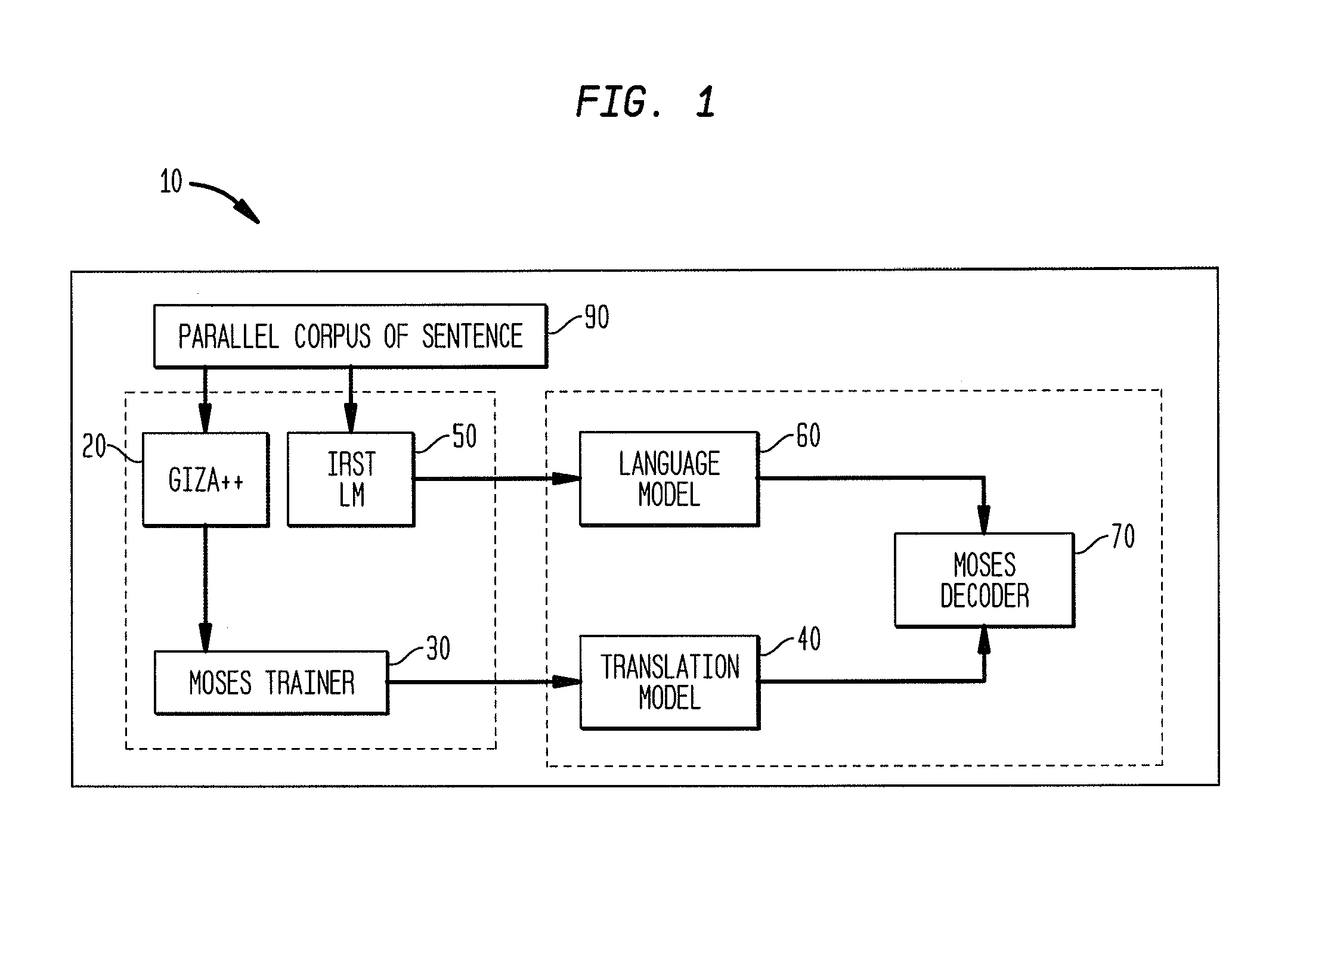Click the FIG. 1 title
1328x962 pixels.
[x=645, y=102]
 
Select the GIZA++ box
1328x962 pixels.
[x=206, y=479]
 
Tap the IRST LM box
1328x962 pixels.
[x=351, y=479]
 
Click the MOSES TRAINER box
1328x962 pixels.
[x=271, y=682]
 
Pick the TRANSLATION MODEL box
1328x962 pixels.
[x=670, y=682]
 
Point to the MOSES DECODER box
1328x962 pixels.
[x=985, y=580]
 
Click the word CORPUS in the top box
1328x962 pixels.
[x=332, y=336]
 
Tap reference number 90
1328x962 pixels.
[x=596, y=317]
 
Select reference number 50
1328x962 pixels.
[x=465, y=436]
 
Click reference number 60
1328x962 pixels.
[x=808, y=436]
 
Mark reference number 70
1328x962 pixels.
[x=1123, y=536]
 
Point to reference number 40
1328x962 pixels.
[x=809, y=639]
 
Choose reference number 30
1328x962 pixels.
[x=438, y=648]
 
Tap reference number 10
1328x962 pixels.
[x=171, y=181]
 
